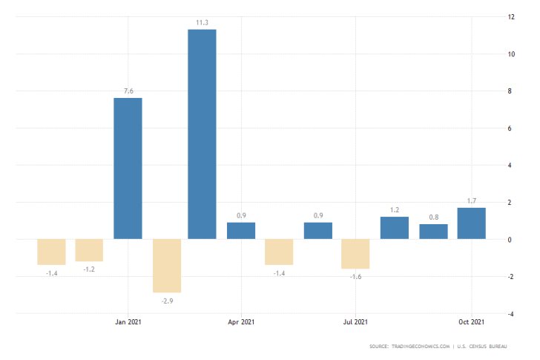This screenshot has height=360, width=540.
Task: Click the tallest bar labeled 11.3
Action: click(x=202, y=134)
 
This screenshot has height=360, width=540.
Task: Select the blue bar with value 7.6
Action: click(x=128, y=168)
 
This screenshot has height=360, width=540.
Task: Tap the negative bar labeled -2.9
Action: click(x=167, y=266)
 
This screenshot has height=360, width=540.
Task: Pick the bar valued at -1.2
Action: click(x=89, y=250)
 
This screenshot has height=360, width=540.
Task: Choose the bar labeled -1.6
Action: click(x=355, y=254)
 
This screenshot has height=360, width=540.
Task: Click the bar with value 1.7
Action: click(x=471, y=223)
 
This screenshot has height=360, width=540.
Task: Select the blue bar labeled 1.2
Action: click(x=394, y=228)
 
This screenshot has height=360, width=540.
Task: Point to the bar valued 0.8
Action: click(x=433, y=232)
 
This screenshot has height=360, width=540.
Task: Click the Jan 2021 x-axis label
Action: click(x=128, y=322)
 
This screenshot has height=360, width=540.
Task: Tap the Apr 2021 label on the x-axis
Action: click(x=240, y=322)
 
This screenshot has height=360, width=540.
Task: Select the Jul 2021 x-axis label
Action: click(x=355, y=322)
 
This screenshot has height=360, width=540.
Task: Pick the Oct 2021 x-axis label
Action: click(x=471, y=322)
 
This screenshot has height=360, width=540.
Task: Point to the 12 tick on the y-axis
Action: click(x=510, y=16)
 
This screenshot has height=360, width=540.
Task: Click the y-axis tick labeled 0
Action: click(x=509, y=240)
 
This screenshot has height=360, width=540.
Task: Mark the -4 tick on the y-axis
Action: click(x=510, y=314)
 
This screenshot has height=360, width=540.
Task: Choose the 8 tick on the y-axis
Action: click(x=509, y=91)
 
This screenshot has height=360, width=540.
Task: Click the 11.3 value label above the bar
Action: click(x=202, y=22)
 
